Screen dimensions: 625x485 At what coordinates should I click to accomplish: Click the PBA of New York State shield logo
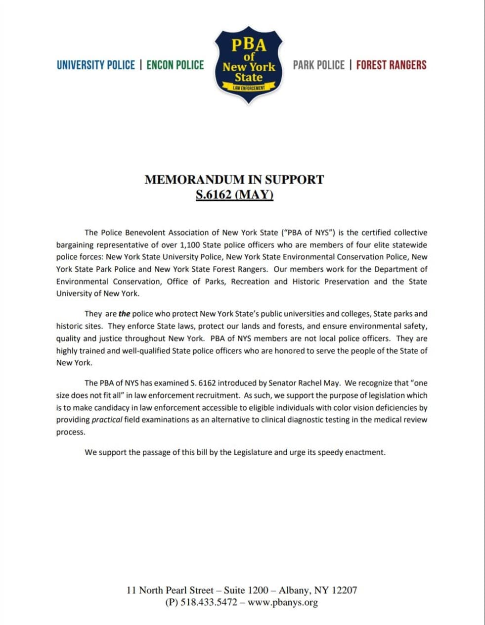248,64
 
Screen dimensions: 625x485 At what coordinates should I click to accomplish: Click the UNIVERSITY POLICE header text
95,65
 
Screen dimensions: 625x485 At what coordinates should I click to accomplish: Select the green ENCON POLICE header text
175,65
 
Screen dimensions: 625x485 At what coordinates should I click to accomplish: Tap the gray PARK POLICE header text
318,65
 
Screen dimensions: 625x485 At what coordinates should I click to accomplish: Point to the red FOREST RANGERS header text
391,65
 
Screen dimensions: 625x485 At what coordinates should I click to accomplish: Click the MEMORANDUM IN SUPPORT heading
234,180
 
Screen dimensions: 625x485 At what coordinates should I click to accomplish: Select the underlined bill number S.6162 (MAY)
234,194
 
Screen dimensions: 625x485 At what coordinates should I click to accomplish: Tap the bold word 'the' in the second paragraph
124,314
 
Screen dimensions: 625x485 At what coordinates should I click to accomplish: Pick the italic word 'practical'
107,420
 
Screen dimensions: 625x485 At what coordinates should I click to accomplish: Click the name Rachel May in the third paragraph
319,383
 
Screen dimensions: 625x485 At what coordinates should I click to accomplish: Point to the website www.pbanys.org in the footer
282,602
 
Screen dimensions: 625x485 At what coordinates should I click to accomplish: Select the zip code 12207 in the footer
344,590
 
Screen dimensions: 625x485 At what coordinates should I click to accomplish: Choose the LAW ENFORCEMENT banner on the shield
249,88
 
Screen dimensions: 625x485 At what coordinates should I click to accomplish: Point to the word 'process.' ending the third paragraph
71,432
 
